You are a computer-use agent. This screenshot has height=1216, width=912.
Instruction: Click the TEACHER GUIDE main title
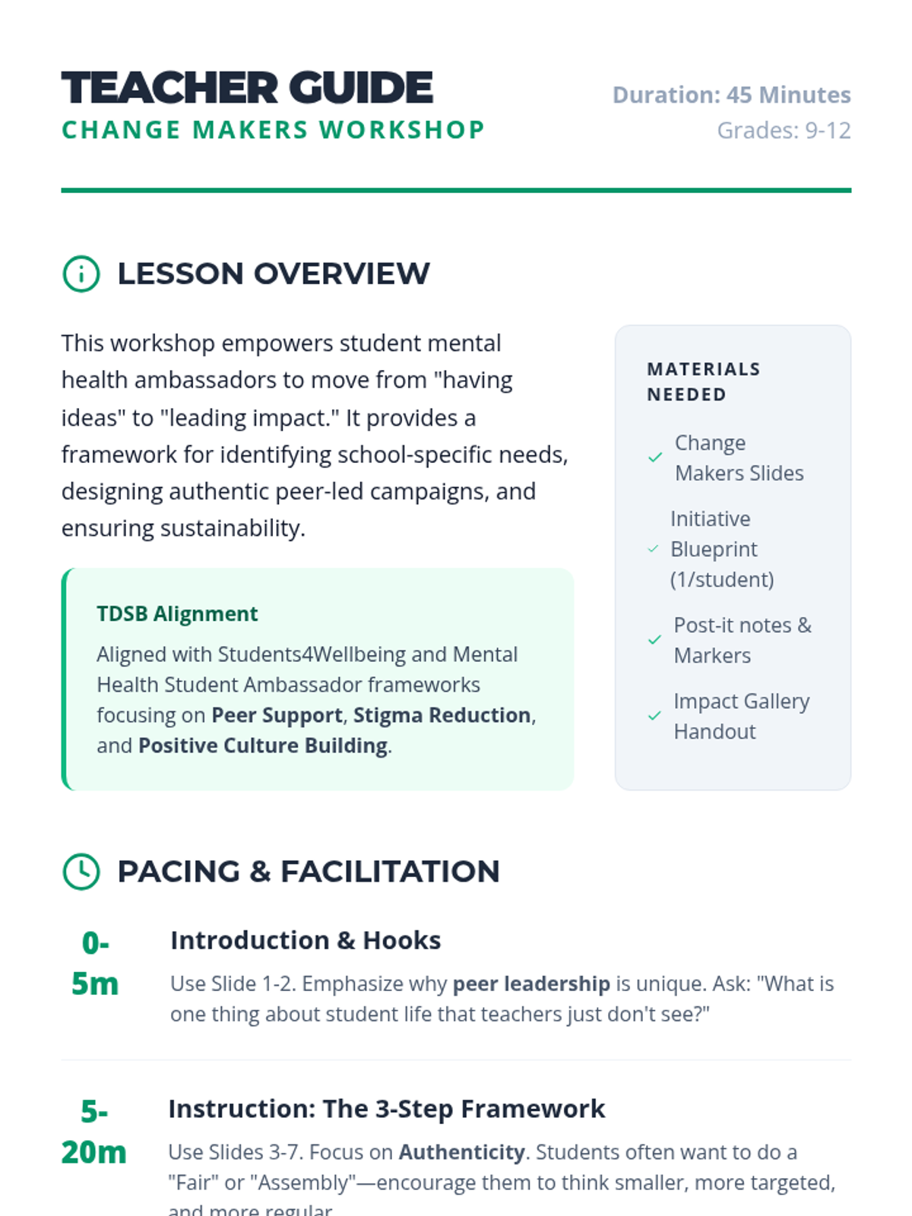coord(247,88)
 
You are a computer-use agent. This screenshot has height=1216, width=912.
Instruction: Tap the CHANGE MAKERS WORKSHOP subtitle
coord(273,130)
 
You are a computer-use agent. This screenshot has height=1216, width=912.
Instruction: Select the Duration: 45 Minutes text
coord(731,95)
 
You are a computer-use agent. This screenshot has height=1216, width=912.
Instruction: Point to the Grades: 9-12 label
coord(784,131)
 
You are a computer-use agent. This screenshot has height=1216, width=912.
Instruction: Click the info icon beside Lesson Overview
coord(81,274)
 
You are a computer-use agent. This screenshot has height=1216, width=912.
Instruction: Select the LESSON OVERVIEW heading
coord(273,274)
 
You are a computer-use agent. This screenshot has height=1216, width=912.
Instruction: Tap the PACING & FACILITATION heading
coord(308,871)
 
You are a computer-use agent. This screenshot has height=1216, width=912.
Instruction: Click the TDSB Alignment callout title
coord(177,613)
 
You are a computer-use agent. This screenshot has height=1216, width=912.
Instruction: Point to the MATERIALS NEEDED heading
coord(703,382)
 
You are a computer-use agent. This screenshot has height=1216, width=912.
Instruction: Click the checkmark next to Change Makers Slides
coord(655,458)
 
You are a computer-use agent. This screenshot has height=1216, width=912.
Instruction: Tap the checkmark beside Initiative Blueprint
coord(653,549)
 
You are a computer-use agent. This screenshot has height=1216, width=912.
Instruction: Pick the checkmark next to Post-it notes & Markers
coord(654,640)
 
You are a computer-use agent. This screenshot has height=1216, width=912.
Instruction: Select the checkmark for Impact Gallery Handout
coord(654,716)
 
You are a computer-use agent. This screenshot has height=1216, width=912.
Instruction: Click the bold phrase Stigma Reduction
coord(442,715)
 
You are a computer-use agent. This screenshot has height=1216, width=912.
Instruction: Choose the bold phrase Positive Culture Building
coord(262,746)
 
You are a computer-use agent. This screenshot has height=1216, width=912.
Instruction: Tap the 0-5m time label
coord(95,963)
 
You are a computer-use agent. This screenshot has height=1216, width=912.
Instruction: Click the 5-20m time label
coord(93,1132)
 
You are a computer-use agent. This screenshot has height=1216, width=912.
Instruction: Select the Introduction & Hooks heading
coord(305,940)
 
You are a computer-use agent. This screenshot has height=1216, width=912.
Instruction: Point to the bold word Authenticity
coord(461,1152)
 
